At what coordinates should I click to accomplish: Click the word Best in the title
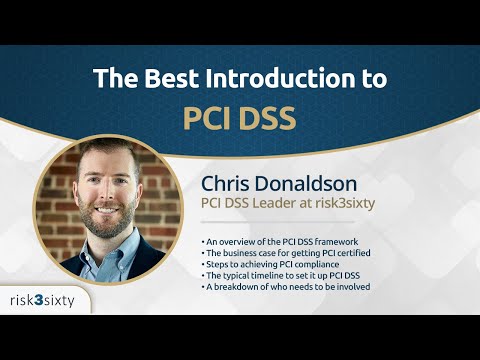tap(156, 77)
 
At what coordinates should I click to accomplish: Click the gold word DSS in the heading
tap(268, 117)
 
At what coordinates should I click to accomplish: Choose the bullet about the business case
tap(287, 254)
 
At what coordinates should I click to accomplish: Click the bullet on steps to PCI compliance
tap(274, 265)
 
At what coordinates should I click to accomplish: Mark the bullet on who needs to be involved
tap(286, 287)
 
